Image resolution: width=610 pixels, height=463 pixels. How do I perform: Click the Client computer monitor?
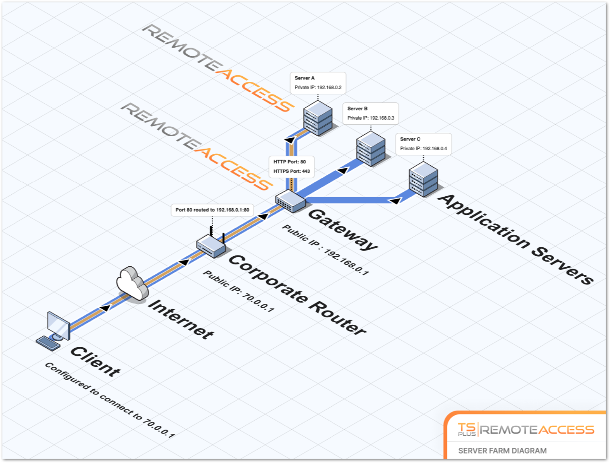[58, 325]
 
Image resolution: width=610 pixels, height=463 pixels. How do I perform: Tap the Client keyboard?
[49, 342]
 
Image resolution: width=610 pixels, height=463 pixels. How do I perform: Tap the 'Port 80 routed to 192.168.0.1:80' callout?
[212, 210]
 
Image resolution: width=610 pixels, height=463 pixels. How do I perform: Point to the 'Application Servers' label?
[515, 238]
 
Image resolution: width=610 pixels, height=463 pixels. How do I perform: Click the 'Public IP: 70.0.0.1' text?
[238, 291]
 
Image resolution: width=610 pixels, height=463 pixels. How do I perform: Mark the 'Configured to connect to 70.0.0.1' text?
[110, 399]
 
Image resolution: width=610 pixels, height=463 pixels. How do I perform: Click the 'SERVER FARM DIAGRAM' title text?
[502, 451]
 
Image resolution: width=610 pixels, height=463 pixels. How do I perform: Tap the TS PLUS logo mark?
[466, 429]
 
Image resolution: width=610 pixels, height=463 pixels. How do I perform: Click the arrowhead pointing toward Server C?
[394, 201]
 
